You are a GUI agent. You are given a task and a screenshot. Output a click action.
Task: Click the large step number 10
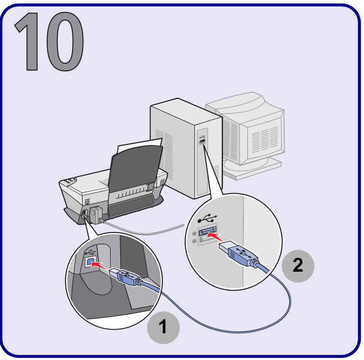(49, 41)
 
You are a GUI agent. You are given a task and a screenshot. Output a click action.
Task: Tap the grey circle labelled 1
(163, 328)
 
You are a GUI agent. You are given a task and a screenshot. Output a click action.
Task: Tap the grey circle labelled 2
(298, 266)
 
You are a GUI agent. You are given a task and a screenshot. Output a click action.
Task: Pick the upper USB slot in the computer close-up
(207, 231)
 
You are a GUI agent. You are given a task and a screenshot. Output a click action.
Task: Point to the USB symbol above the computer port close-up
(207, 218)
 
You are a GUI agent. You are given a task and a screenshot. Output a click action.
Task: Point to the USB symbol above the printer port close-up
(90, 252)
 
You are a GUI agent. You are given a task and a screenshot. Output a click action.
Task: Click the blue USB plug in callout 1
(125, 276)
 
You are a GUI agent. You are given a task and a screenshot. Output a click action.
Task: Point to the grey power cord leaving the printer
(144, 230)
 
